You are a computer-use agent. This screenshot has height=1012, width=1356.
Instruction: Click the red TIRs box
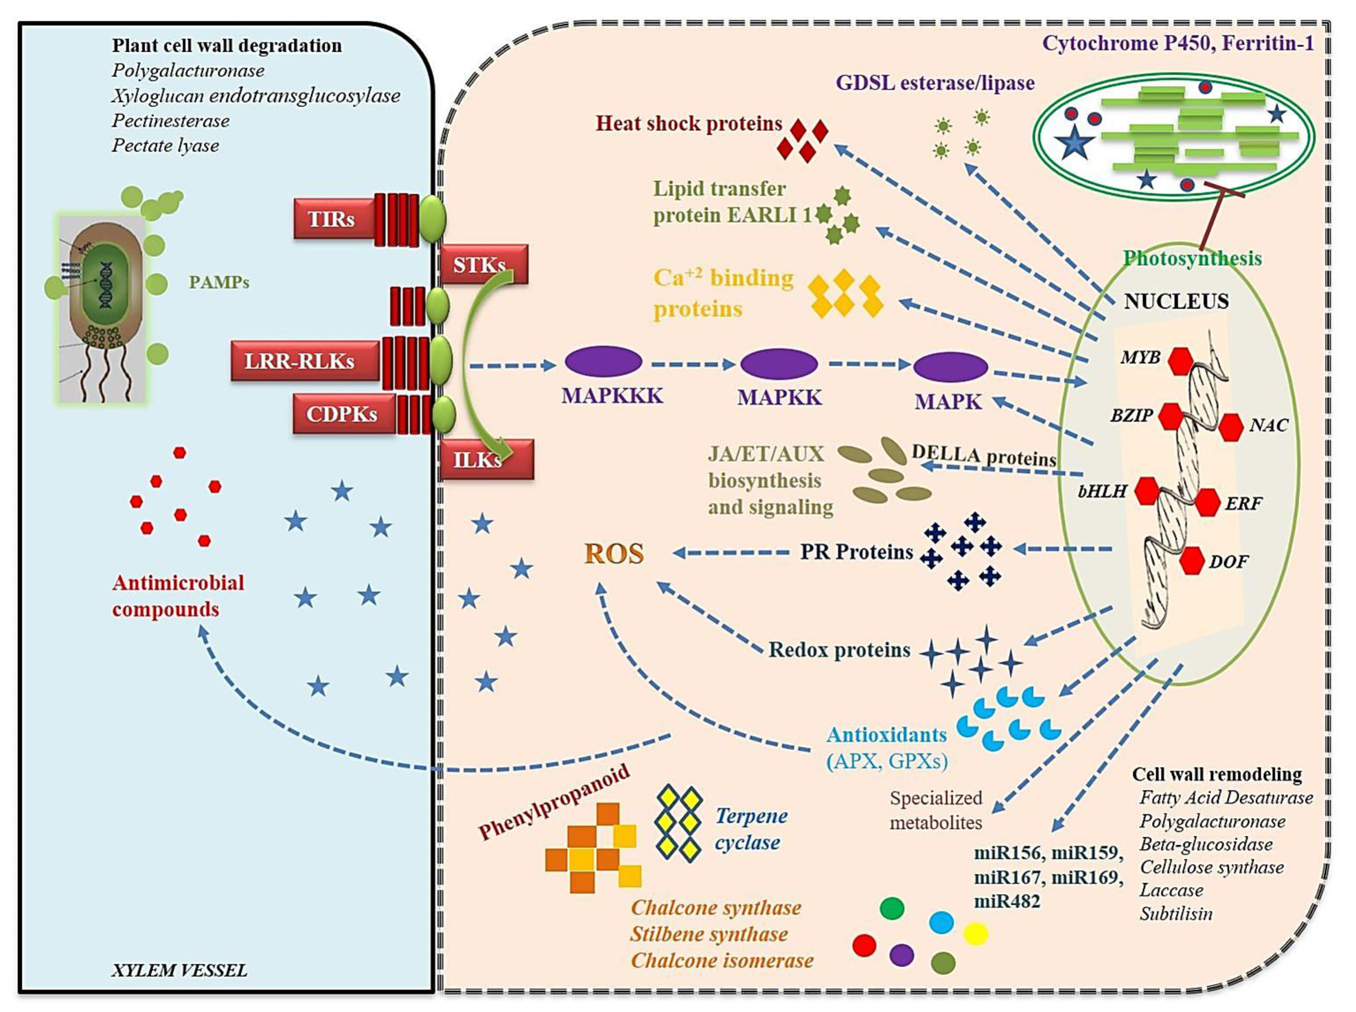point(333,219)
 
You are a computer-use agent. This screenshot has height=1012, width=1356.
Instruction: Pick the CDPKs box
point(343,414)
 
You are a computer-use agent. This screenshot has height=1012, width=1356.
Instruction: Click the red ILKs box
point(486,459)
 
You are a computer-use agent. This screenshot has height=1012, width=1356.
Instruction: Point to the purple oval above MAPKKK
point(603,362)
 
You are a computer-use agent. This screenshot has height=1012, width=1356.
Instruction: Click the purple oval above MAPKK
point(778,364)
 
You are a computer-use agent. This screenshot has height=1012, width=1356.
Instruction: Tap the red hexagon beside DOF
point(1192,560)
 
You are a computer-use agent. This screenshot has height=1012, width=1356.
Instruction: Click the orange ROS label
point(614,554)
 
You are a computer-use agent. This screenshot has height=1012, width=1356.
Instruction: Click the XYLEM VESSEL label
point(179,970)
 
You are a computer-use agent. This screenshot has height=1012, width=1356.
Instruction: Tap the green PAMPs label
point(218,282)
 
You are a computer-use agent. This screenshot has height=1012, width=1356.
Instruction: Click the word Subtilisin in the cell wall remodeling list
point(1175,913)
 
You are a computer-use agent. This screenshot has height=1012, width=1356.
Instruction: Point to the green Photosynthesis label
point(1192,259)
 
